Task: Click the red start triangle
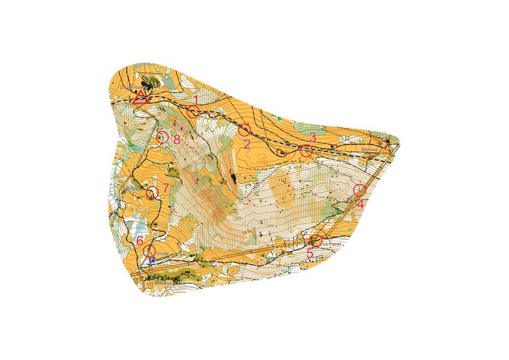tap(140, 98)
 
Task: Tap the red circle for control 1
tap(193, 112)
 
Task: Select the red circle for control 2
tap(244, 130)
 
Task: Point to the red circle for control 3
tap(306, 151)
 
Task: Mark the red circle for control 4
tap(360, 190)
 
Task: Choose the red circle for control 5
tap(316, 241)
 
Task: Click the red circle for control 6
tap(149, 250)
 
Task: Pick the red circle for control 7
tap(152, 192)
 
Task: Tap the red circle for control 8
tap(161, 137)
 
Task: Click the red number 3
tap(312, 136)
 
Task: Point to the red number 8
tap(176, 140)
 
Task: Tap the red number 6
tap(140, 241)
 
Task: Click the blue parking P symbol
tap(152, 260)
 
